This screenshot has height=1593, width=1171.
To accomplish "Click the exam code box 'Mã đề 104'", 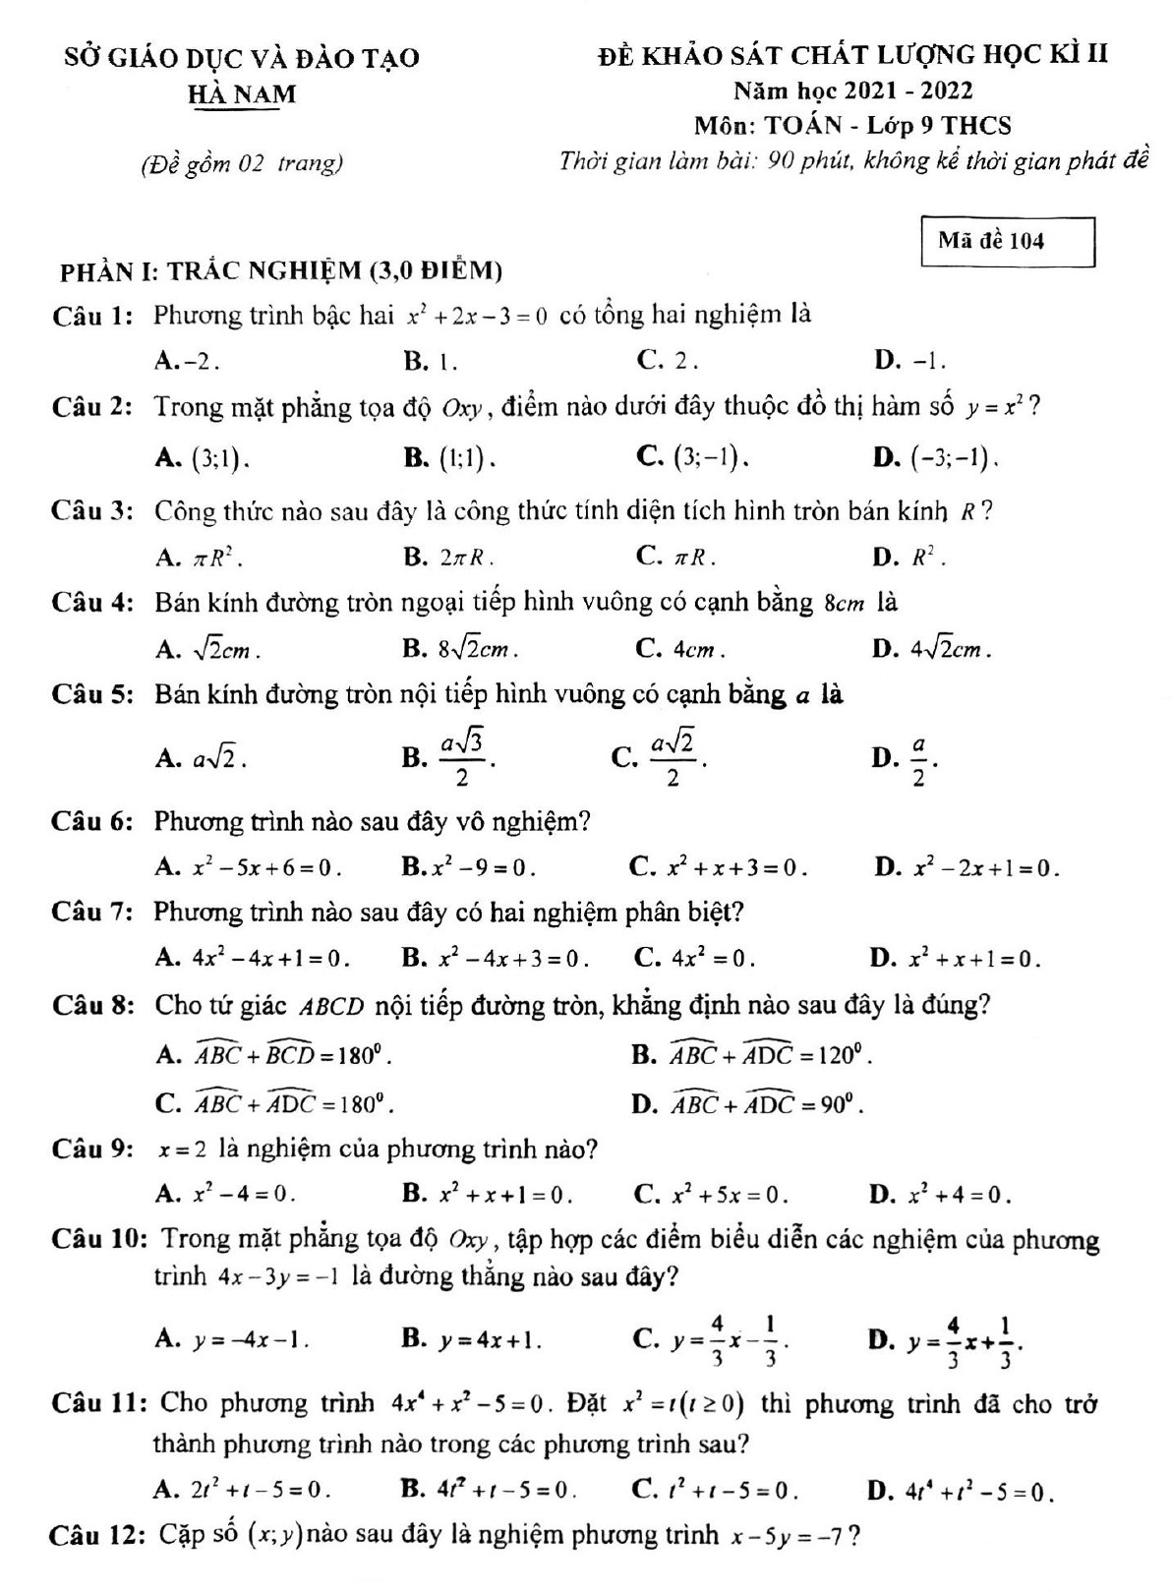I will [1008, 242].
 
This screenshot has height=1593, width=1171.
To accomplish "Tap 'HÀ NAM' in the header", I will [242, 94].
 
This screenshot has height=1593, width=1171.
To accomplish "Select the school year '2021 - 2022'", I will [909, 90].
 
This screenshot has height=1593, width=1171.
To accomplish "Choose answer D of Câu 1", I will [909, 361].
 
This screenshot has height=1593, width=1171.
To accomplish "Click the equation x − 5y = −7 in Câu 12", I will [787, 1535].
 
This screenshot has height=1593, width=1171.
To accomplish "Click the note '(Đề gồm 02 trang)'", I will [242, 163].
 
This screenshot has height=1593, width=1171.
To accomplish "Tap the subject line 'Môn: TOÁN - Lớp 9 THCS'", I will [851, 126].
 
